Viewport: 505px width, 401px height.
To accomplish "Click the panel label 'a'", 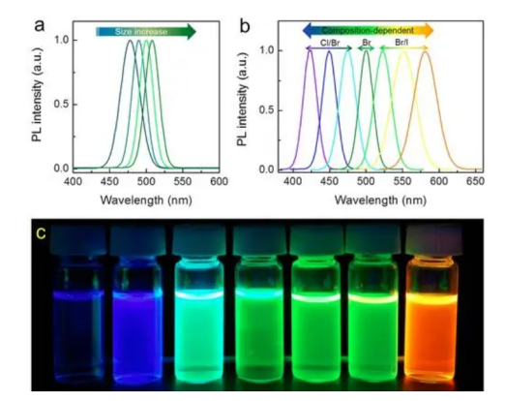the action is (39, 25).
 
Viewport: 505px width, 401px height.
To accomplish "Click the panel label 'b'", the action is (245, 26).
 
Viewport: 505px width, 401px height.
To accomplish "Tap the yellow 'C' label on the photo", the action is (41, 233).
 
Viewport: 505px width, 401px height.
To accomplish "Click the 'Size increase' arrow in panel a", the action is (146, 31).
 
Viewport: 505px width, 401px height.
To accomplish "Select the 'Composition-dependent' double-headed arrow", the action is (368, 31).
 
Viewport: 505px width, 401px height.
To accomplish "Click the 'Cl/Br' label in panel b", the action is (330, 43).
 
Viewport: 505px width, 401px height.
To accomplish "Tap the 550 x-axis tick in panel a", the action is (183, 181).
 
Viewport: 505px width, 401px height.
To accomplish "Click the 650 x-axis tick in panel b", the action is (475, 181).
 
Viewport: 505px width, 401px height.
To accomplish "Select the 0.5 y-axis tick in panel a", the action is (62, 105).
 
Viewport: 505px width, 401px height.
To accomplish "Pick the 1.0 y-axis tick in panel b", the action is (267, 50).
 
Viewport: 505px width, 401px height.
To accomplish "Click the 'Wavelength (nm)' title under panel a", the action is (146, 200).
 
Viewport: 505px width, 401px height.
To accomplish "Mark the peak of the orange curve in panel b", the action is (426, 51).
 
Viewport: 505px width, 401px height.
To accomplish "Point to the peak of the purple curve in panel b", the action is (311, 50).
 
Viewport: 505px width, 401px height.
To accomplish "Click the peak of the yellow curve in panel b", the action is (403, 51).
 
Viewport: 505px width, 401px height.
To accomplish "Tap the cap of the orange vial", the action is (434, 240).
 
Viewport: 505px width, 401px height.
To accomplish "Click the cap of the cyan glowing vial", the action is (199, 240).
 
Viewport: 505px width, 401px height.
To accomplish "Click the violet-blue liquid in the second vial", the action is (137, 336).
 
